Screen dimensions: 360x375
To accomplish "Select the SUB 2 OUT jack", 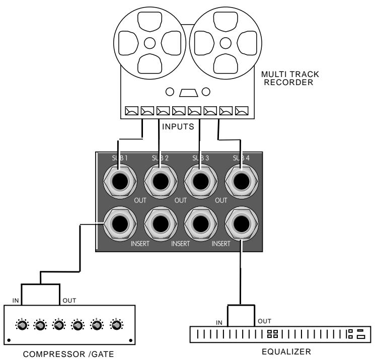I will [x=160, y=180].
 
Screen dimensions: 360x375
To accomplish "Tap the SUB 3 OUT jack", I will [x=201, y=180].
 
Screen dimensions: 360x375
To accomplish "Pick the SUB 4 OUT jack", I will [x=242, y=180].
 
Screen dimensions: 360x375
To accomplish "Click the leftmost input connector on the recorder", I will [x=132, y=110].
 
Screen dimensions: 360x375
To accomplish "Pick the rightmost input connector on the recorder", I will [x=242, y=110].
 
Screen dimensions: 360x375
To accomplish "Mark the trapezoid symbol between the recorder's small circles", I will [x=187, y=92].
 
